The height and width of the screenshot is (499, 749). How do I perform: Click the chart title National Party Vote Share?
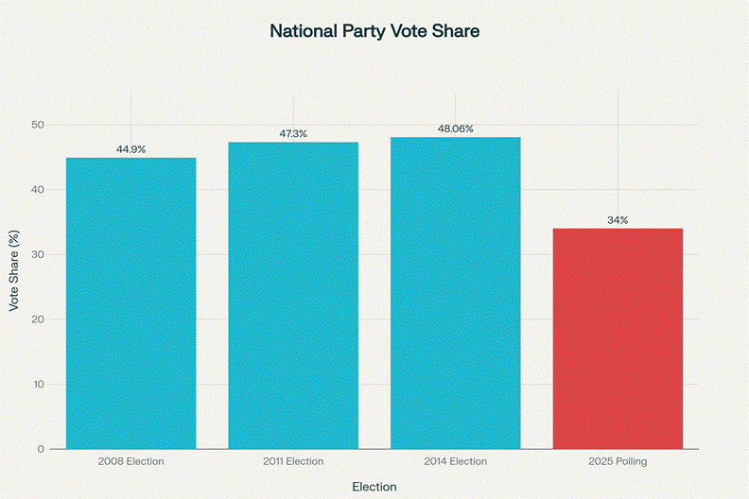click(x=374, y=31)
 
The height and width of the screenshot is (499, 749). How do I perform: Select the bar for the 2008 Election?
click(x=131, y=302)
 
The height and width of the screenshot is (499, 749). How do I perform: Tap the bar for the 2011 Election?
click(x=293, y=295)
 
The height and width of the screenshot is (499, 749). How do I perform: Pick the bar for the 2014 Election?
click(x=455, y=292)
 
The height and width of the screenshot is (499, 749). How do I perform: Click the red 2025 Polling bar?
click(x=618, y=337)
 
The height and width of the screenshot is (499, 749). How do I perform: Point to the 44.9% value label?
click(x=131, y=149)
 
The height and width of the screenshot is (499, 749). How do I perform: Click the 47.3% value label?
click(x=293, y=134)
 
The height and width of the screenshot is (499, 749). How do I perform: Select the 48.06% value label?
click(x=455, y=129)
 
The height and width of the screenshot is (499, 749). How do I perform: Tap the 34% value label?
click(x=618, y=220)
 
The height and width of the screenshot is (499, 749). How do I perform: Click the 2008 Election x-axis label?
click(x=131, y=461)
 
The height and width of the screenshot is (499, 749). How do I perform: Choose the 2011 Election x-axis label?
click(x=293, y=461)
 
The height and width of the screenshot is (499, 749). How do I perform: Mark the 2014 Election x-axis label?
click(x=455, y=461)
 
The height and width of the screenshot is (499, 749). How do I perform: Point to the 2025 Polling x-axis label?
click(x=618, y=461)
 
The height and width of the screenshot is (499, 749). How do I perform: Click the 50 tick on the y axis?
click(x=38, y=125)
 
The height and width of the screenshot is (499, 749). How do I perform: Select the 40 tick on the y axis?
click(x=38, y=190)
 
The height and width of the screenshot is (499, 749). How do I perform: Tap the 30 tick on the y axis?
click(x=38, y=254)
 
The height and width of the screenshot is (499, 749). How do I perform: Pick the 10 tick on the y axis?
click(x=38, y=384)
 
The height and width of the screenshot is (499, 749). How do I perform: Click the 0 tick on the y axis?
click(x=41, y=449)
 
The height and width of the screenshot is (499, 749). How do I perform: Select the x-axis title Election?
click(x=374, y=487)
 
